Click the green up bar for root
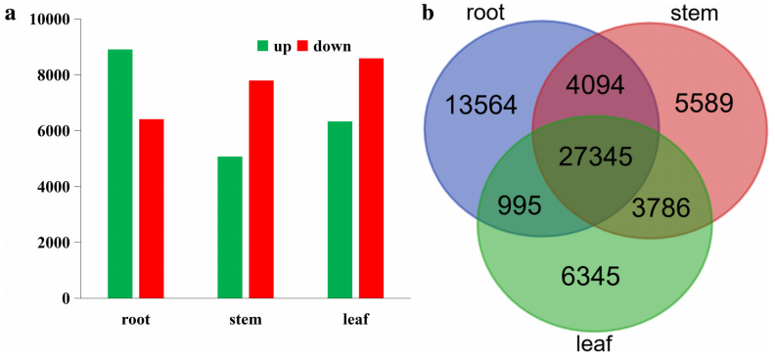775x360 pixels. pos(120,174)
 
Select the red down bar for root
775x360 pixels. pos(152,208)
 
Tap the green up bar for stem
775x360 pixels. pos(230,227)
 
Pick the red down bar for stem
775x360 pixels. pos(261,189)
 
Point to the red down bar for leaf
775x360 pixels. pos(371,178)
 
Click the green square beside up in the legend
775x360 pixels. pos(262,46)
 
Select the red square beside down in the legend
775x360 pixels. pos(302,46)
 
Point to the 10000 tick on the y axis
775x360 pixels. pos(51,20)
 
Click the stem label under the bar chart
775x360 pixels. pos(246,320)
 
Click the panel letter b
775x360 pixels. pos(428,14)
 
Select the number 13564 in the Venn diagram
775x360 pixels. pos(480,106)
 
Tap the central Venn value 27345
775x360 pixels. pos(595,157)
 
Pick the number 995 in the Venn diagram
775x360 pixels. pos(519,206)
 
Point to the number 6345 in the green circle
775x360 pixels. pos(590,276)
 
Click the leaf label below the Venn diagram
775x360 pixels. pos(595,342)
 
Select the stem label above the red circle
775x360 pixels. pos(694,14)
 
